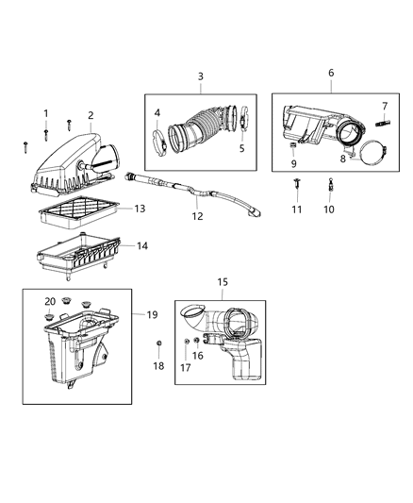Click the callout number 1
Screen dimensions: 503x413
point(44,114)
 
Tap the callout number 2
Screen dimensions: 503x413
point(91,116)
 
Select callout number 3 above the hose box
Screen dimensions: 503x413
point(200,75)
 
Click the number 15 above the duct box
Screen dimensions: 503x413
point(223,282)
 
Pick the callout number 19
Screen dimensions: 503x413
point(151,314)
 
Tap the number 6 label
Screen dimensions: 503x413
point(330,73)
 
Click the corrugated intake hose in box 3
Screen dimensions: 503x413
point(200,132)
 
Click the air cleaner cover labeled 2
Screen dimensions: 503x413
point(75,162)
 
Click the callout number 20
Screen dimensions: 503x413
point(50,301)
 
